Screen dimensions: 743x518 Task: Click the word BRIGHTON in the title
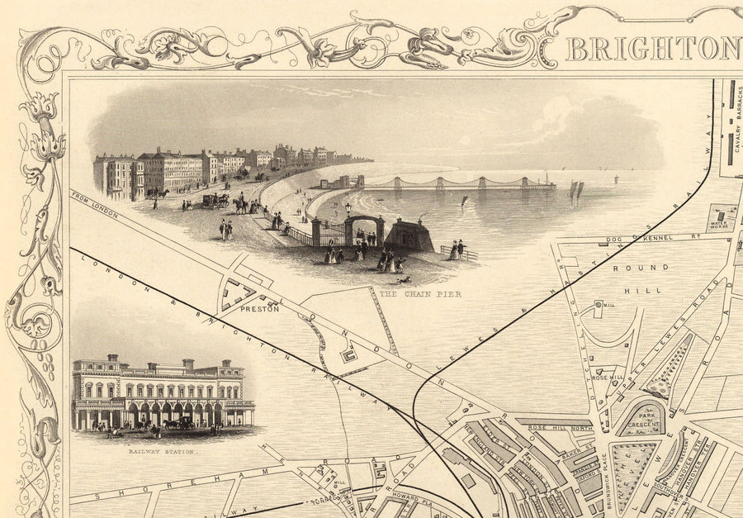click(x=653, y=49)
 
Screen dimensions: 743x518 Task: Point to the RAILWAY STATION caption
click(x=162, y=452)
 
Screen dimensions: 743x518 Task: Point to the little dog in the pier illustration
click(x=404, y=279)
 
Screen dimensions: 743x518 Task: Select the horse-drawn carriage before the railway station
click(x=179, y=423)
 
